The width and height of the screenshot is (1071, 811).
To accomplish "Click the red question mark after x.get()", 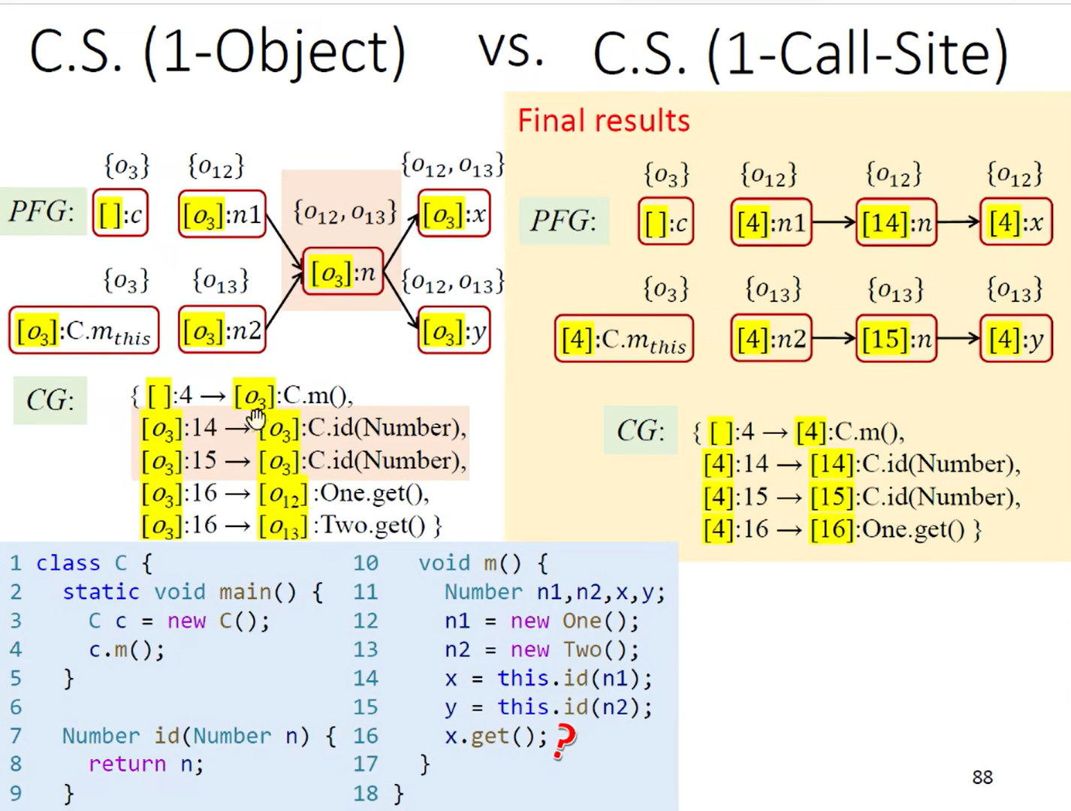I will click(x=564, y=740).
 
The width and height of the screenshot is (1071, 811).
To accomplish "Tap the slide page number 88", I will click(x=982, y=777).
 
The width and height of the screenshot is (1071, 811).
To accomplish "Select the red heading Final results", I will click(x=603, y=121).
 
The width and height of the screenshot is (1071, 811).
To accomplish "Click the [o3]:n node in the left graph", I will click(x=342, y=272).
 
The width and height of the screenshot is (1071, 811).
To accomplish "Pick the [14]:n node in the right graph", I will click(x=896, y=222).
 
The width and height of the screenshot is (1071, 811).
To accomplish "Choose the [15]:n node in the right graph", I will click(x=896, y=339).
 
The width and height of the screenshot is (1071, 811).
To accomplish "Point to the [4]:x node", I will click(x=1015, y=222).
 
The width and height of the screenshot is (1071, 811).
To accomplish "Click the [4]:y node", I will click(x=1015, y=339).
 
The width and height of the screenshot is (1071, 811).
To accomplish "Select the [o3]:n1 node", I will click(x=222, y=215).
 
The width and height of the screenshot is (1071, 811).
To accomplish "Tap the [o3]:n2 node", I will click(x=222, y=330).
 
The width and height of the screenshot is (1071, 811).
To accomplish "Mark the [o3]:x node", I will click(x=454, y=215).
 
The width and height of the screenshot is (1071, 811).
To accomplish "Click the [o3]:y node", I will click(x=454, y=330).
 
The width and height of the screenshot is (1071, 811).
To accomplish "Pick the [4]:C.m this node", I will click(x=623, y=339).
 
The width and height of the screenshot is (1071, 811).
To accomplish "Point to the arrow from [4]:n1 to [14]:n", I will click(x=834, y=222).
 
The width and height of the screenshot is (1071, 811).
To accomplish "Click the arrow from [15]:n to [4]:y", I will click(x=958, y=339).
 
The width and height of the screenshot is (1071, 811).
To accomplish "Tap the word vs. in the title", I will click(x=511, y=51).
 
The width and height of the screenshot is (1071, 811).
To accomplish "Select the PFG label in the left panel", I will click(x=42, y=212).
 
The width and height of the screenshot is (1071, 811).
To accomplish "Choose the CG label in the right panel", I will click(x=640, y=430).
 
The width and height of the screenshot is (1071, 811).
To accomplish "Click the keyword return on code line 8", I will click(x=127, y=764).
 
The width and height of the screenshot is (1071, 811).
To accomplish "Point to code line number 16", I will click(x=366, y=736).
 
